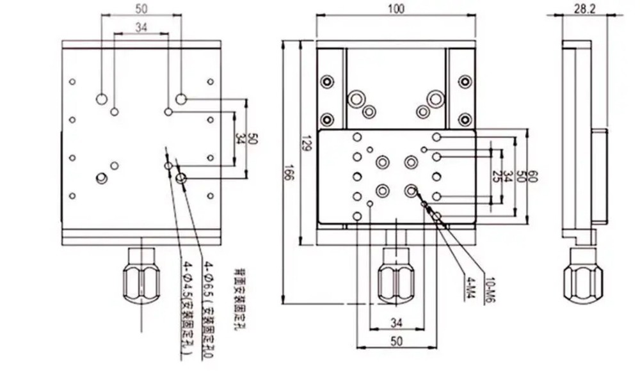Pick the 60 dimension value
(x=533, y=175)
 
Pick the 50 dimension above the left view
(x=141, y=8)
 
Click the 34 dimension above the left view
(x=141, y=27)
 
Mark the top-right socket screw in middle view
(x=465, y=82)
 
